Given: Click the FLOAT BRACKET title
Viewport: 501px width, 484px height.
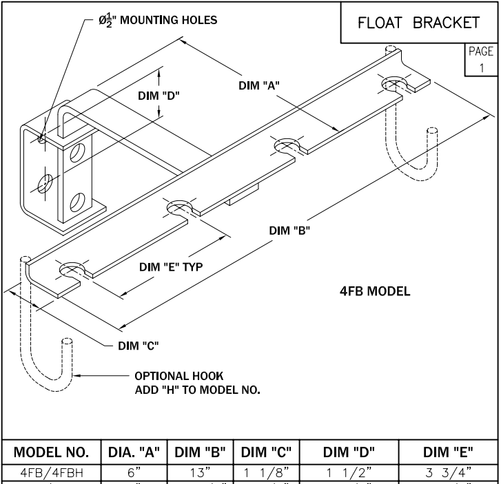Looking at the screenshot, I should point(418,23).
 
